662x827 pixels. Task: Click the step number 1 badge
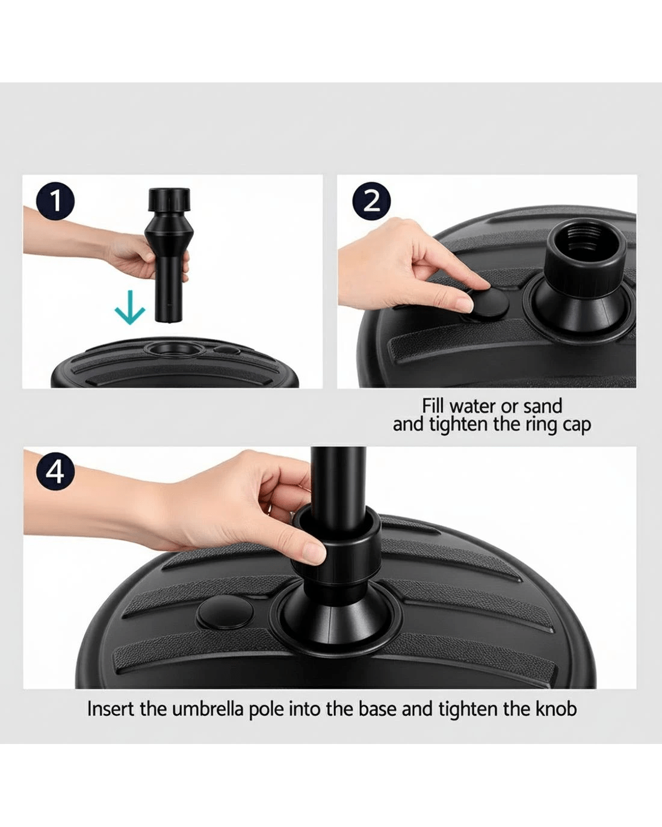(55, 201)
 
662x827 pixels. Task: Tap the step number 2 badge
(371, 201)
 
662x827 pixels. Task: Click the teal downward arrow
(130, 307)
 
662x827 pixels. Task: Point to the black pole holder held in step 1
(168, 254)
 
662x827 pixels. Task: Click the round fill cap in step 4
(225, 612)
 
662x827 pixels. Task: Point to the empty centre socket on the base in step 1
(174, 349)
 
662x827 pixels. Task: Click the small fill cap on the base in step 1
(226, 350)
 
